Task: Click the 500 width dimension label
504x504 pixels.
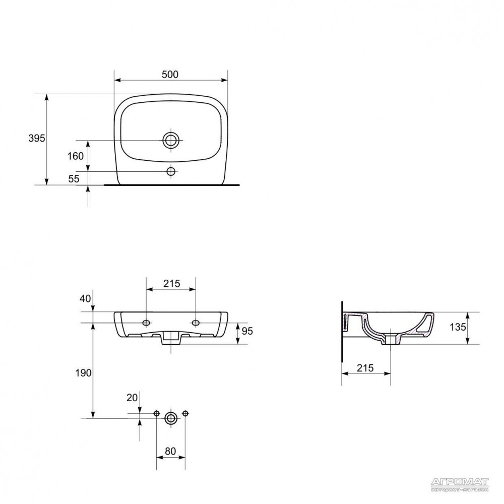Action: point(170,74)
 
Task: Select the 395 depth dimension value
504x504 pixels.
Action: point(37,138)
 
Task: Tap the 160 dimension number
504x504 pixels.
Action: point(75,156)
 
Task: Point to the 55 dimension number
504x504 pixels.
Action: point(74,178)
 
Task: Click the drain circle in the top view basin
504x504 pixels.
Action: point(171,140)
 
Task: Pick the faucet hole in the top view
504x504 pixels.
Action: point(171,171)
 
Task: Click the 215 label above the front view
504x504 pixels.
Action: point(172,283)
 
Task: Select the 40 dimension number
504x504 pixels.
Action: point(85,298)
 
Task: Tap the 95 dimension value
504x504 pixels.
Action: point(247,331)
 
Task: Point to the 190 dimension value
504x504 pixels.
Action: point(83,373)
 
